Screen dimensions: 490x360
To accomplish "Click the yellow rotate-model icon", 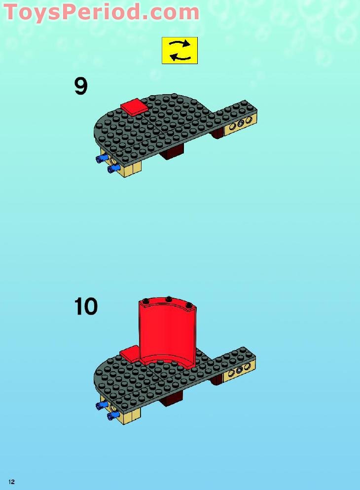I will [180, 50].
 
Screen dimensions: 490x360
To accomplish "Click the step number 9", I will [81, 86].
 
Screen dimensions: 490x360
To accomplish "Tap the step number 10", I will [86, 306].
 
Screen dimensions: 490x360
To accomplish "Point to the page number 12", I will [11, 482].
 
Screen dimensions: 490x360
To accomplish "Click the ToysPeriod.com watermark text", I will [101, 12].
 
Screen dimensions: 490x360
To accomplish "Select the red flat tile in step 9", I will [134, 106].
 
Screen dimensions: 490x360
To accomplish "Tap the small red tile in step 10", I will [130, 353].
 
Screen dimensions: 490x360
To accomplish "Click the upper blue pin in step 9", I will [103, 158].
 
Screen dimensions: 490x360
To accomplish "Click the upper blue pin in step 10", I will [103, 405].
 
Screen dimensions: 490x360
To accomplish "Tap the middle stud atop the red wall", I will [169, 299].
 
